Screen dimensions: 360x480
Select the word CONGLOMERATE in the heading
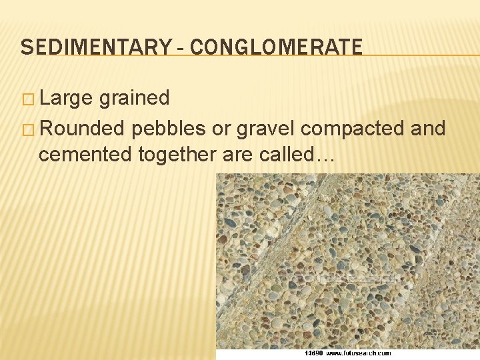point(277,47)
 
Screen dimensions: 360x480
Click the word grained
point(134,99)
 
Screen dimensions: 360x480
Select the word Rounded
point(83,127)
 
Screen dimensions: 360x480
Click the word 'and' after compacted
point(428,127)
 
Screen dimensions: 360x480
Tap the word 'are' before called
point(235,155)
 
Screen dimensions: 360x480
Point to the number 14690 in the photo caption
point(314,353)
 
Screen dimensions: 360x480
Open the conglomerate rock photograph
point(347,260)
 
